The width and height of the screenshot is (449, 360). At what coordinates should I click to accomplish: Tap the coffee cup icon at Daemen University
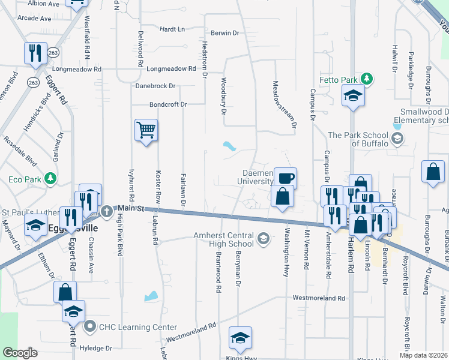pyautogui.click(x=286, y=178)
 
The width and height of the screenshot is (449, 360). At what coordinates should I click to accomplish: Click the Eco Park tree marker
pyautogui.click(x=51, y=178)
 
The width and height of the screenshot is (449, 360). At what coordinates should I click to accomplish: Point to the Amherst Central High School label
pyautogui.click(x=223, y=240)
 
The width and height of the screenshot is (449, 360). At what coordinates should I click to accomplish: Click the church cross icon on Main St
pyautogui.click(x=107, y=211)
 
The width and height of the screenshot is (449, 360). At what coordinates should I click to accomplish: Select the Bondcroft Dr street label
pyautogui.click(x=168, y=104)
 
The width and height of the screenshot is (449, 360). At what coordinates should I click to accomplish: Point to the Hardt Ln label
pyautogui.click(x=173, y=29)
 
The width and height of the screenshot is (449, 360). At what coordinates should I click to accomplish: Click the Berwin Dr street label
pyautogui.click(x=225, y=33)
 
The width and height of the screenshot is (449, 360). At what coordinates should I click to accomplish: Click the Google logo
pyautogui.click(x=20, y=353)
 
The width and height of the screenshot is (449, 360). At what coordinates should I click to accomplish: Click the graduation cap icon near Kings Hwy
pyautogui.click(x=240, y=337)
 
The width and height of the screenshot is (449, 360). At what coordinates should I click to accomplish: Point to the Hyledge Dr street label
pyautogui.click(x=96, y=348)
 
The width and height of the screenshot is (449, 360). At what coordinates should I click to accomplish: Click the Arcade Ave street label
pyautogui.click(x=35, y=19)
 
